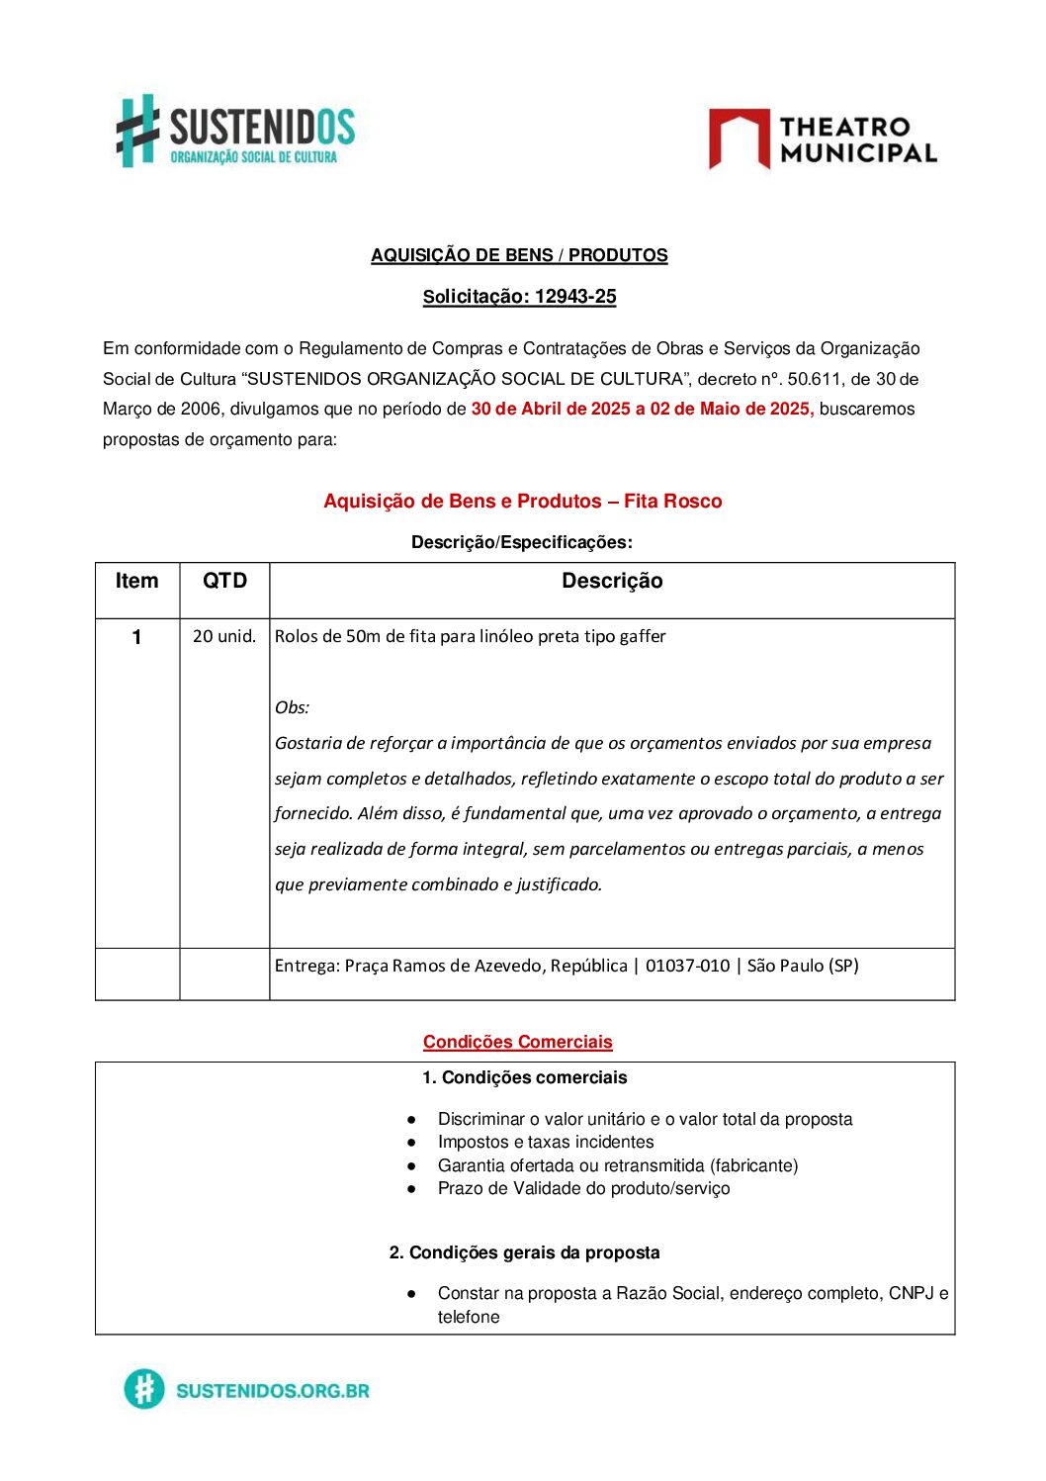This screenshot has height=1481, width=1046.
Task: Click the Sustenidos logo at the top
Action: click(x=235, y=131)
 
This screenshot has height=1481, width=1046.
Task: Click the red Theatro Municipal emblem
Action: click(x=739, y=138)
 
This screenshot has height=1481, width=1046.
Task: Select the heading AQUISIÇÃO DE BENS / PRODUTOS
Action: click(x=519, y=255)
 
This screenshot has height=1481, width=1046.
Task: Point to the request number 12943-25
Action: click(x=575, y=297)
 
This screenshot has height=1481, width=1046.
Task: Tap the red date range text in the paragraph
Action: click(x=643, y=410)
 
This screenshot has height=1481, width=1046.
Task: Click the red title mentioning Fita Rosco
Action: click(x=522, y=502)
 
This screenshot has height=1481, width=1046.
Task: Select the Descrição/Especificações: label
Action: click(x=521, y=542)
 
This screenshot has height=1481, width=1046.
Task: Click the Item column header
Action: click(x=136, y=582)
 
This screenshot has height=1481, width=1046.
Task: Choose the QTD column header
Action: click(x=224, y=582)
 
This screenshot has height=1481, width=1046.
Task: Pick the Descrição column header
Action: click(x=612, y=582)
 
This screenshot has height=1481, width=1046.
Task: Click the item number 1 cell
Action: click(x=136, y=637)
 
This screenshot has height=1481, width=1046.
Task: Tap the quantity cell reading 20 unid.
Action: click(x=224, y=636)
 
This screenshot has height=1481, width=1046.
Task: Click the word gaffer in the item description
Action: click(x=643, y=636)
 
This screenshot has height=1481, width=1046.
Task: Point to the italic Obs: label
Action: click(x=292, y=707)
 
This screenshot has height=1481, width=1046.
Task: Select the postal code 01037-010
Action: click(x=687, y=966)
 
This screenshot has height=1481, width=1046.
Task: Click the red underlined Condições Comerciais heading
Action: click(x=517, y=1042)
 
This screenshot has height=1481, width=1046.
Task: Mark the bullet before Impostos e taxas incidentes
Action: click(x=411, y=1143)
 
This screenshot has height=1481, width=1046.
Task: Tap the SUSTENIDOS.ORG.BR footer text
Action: click(x=272, y=1391)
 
